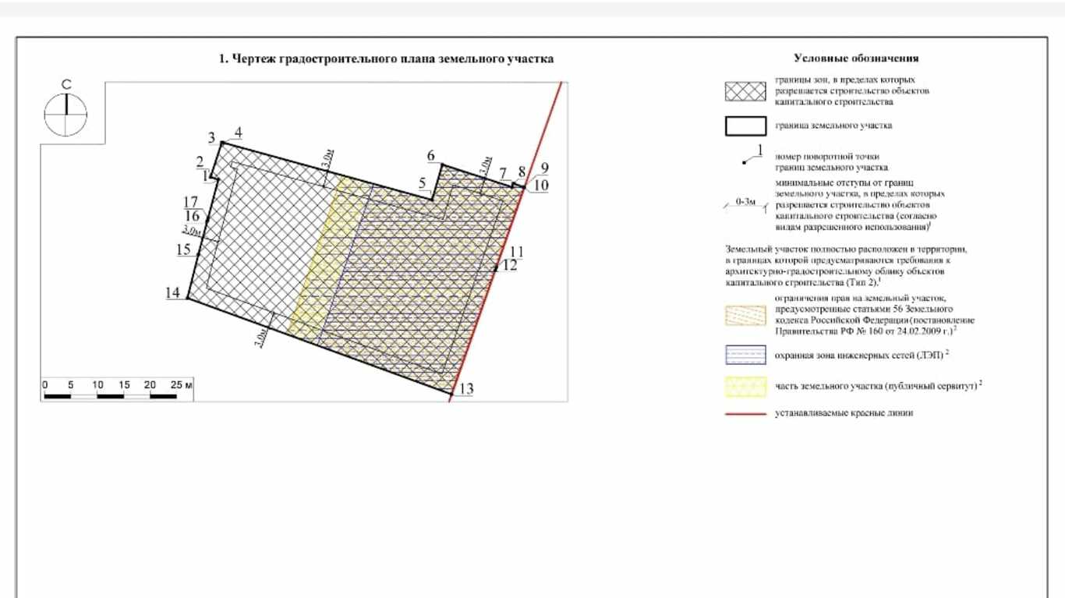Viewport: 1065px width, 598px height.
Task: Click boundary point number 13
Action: click(x=466, y=388)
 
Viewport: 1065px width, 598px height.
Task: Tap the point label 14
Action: click(x=173, y=292)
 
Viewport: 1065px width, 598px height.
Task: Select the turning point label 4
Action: click(x=238, y=133)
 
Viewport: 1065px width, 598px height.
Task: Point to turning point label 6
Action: click(x=431, y=156)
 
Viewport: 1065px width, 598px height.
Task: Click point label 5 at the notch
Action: click(x=423, y=183)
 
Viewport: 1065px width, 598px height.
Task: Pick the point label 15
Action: click(x=183, y=250)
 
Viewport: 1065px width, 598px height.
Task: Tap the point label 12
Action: click(x=510, y=265)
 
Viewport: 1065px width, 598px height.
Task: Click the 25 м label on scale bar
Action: click(x=182, y=385)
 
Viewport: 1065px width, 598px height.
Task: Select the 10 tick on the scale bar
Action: click(x=97, y=385)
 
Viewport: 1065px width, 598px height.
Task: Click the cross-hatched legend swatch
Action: click(x=745, y=91)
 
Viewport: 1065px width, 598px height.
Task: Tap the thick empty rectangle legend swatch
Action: click(x=745, y=126)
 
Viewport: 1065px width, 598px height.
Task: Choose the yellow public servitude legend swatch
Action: click(x=745, y=386)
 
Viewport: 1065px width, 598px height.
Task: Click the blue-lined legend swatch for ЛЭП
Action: click(x=745, y=355)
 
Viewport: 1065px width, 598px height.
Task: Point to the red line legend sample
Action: click(x=745, y=413)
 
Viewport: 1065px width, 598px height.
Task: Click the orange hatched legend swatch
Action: click(x=745, y=314)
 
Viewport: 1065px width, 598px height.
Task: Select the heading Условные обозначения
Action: click(x=856, y=58)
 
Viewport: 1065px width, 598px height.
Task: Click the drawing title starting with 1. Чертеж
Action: click(x=386, y=59)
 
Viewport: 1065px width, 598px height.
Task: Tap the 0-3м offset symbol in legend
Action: click(x=745, y=203)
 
